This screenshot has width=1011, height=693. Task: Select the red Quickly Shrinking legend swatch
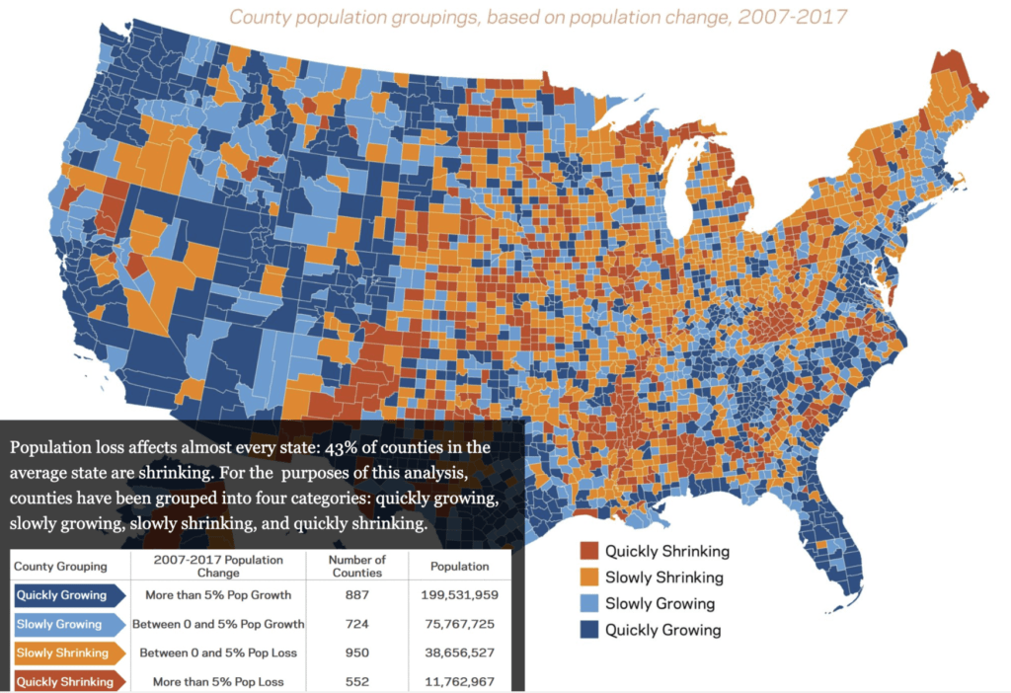[589, 552]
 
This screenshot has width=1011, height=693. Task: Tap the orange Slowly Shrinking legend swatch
[589, 577]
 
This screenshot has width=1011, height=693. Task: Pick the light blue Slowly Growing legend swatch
[589, 603]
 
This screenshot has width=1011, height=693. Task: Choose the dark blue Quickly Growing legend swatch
[589, 629]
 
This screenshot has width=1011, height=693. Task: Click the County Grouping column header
[60, 567]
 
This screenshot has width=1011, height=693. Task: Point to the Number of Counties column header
[357, 567]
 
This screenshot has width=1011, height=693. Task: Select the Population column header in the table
[459, 567]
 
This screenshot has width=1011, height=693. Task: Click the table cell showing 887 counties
[357, 595]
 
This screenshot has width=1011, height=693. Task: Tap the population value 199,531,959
[459, 595]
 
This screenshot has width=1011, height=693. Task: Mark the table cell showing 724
[357, 624]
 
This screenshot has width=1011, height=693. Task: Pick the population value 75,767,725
[459, 624]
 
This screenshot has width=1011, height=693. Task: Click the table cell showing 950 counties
[357, 653]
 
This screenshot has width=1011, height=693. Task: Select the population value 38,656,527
[459, 653]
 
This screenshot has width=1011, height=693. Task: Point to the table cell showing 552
[357, 681]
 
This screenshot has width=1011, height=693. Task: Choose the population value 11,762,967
[459, 681]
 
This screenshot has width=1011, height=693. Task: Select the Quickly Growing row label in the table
[64, 595]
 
